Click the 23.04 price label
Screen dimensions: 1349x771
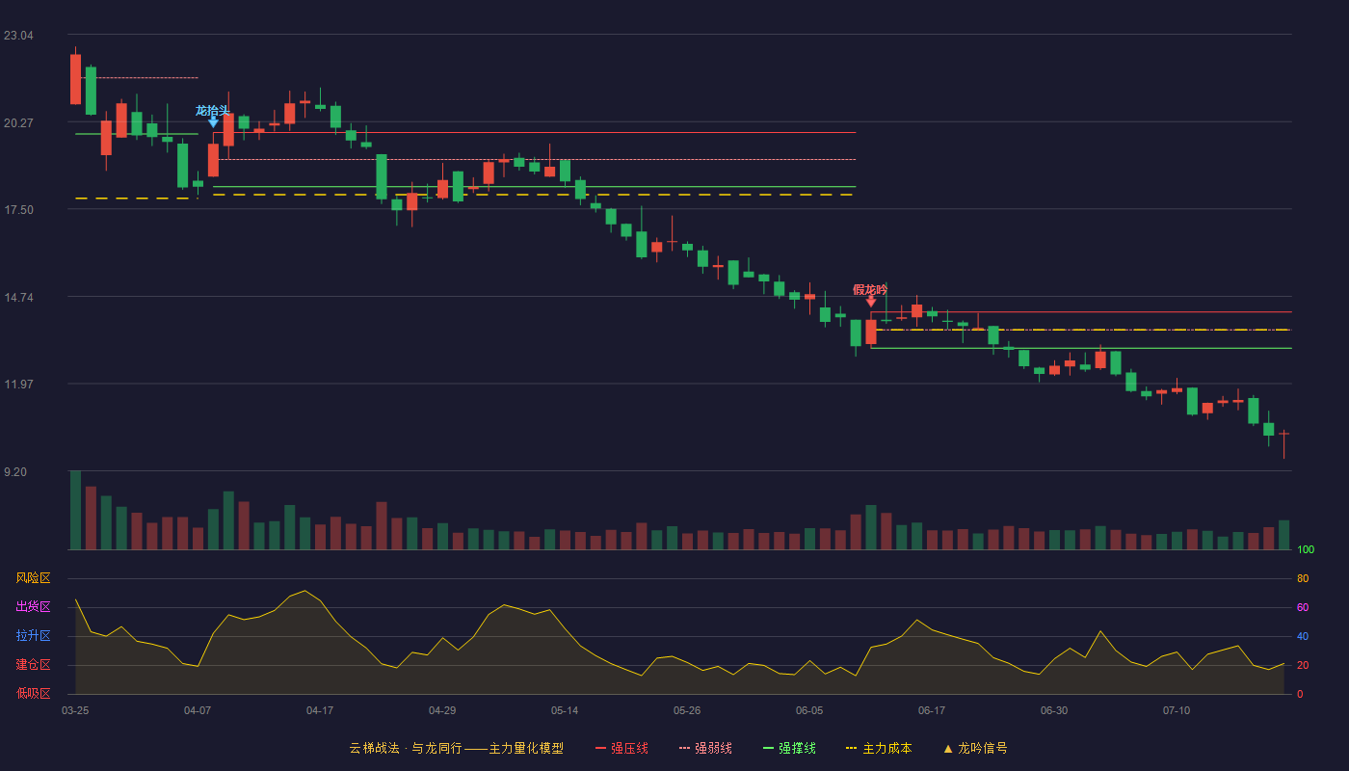(x=18, y=36)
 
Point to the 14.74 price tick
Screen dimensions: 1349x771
(x=18, y=298)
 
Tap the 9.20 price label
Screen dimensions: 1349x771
(x=15, y=472)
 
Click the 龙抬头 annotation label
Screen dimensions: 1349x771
(x=213, y=111)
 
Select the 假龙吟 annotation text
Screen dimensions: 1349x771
(x=870, y=290)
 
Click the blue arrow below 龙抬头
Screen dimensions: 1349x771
(x=213, y=123)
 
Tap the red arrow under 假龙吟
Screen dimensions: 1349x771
(x=871, y=302)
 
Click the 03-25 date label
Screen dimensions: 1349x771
(x=75, y=711)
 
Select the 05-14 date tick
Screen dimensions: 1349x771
(x=565, y=711)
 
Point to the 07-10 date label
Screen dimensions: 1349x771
(x=1177, y=711)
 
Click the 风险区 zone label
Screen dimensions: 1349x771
(x=33, y=578)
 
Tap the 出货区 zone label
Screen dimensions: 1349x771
(x=33, y=606)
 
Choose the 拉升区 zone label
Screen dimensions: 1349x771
(x=33, y=635)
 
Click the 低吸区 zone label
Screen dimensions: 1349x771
(x=33, y=693)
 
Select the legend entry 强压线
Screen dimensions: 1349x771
(x=622, y=748)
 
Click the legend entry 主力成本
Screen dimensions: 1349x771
(x=879, y=748)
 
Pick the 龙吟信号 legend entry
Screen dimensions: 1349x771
(x=975, y=748)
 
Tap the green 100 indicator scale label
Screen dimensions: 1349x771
(x=1306, y=549)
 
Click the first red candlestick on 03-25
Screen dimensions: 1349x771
(x=75, y=79)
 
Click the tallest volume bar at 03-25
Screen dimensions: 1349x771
(x=75, y=510)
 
